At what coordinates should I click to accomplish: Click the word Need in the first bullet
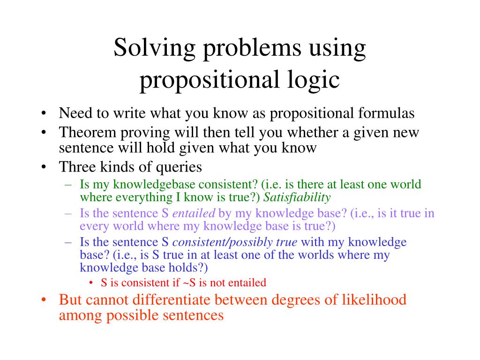pyautogui.click(x=75, y=113)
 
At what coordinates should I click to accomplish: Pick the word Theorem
pyautogui.click(x=88, y=132)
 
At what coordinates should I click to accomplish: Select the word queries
pyautogui.click(x=179, y=168)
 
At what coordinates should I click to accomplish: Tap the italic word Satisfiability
pyautogui.click(x=297, y=197)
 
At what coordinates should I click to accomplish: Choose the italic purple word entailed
pyautogui.click(x=194, y=213)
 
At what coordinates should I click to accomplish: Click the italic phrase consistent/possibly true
pyautogui.click(x=235, y=242)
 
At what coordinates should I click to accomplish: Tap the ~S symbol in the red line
pyautogui.click(x=189, y=283)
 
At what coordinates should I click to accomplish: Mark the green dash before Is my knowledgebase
pyautogui.click(x=68, y=185)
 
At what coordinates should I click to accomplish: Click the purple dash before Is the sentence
pyautogui.click(x=68, y=214)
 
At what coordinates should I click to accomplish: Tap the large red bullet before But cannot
pyautogui.click(x=44, y=300)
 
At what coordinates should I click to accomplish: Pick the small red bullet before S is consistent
pyautogui.click(x=91, y=283)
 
